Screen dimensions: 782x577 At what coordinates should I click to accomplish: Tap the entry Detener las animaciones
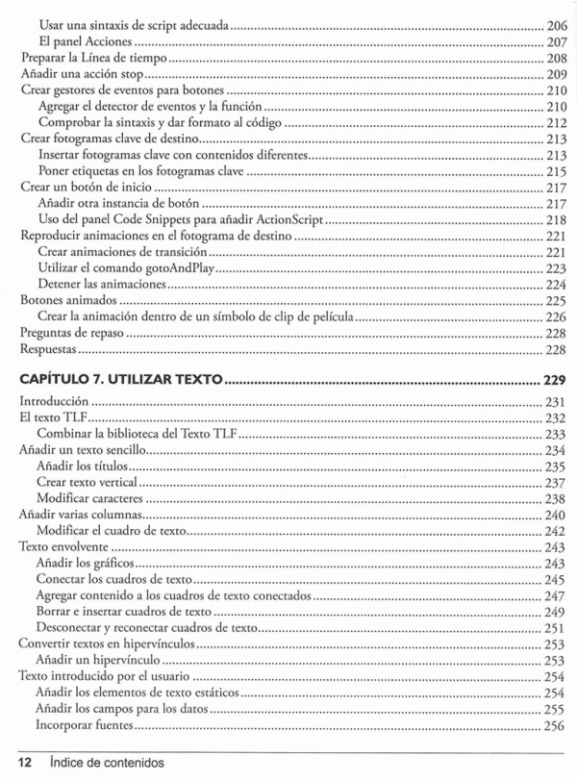96,285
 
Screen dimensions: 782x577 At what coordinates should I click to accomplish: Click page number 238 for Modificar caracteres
555,499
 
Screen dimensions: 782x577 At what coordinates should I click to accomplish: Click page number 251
555,628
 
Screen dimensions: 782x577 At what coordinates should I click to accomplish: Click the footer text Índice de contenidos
108,762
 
